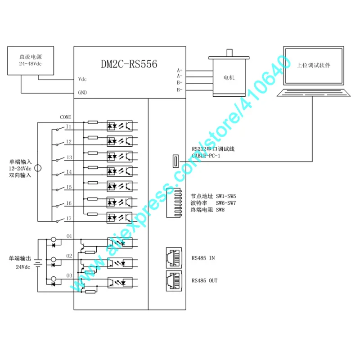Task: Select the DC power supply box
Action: (x=31, y=61)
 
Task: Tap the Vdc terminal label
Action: (x=82, y=79)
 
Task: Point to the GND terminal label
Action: (x=82, y=93)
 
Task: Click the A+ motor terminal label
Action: (x=180, y=70)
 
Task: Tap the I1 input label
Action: (x=68, y=126)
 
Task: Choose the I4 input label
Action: (x=68, y=172)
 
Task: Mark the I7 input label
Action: (x=68, y=218)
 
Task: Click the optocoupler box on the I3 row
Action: (x=120, y=156)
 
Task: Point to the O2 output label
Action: (x=69, y=255)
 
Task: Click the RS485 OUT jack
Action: (x=174, y=280)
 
